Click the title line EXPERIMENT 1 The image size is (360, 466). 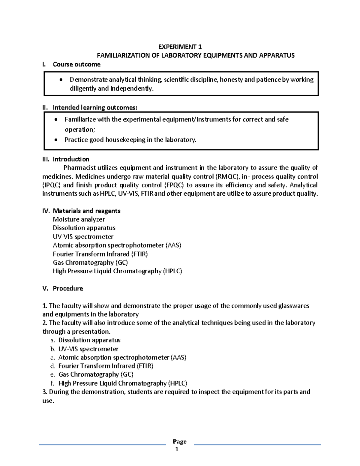(180, 47)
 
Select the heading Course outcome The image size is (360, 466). (76, 64)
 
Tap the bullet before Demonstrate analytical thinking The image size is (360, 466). (61, 80)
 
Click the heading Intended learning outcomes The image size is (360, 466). (95, 107)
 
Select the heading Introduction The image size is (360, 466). (71, 159)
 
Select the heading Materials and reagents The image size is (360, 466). (86, 211)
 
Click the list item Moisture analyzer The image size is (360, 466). (79, 219)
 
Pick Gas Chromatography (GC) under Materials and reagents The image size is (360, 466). (90, 263)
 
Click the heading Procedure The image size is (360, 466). (68, 288)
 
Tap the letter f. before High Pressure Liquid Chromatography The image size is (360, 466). (53, 383)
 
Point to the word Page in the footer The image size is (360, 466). (180, 441)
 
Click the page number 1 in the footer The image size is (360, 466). (177, 449)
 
